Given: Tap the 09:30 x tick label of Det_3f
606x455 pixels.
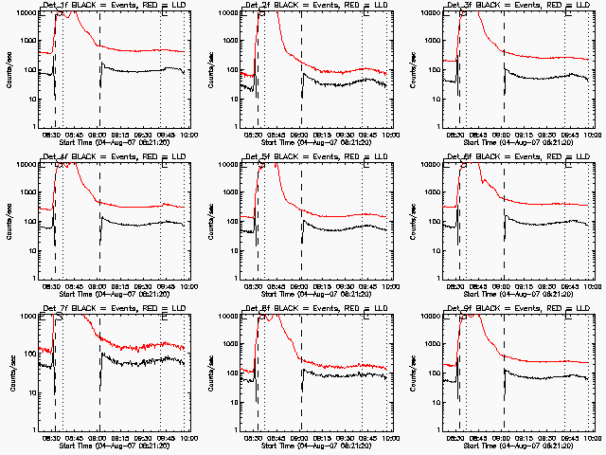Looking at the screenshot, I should point(548,135).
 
